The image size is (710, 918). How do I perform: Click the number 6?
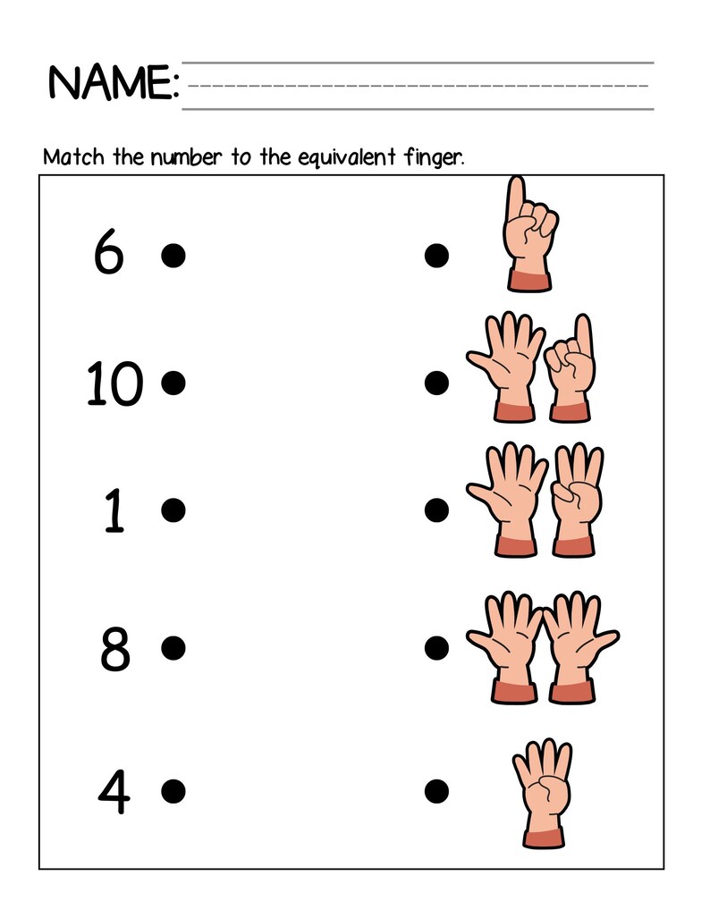coord(108,255)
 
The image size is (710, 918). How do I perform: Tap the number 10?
coord(114,385)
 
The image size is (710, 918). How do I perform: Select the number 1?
coord(114,511)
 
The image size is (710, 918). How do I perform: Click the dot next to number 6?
coord(173,256)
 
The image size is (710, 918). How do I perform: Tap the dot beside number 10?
coord(173,383)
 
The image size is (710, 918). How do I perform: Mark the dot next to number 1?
coord(173,510)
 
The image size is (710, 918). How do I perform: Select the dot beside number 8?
coord(173,645)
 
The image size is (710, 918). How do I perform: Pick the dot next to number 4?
coord(173,790)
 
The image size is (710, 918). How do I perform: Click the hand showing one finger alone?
coord(528,233)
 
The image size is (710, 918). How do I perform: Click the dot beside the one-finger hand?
coord(436,256)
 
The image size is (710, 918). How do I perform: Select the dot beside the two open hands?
coord(436,645)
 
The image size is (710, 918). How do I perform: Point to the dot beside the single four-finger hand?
coord(436,790)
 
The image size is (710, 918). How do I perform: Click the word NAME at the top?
coord(113,83)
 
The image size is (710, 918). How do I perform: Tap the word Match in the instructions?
coord(75,158)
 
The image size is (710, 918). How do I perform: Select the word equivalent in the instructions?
coord(350,159)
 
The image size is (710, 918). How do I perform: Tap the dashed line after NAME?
coord(418,86)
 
